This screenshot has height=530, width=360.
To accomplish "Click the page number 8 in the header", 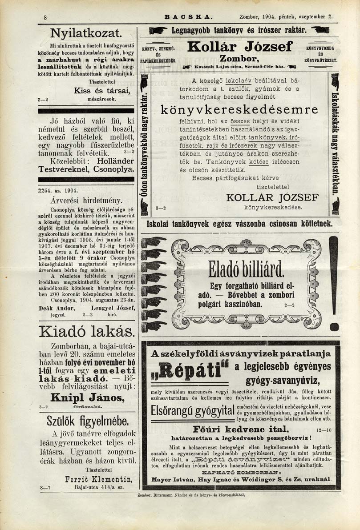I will (45, 17).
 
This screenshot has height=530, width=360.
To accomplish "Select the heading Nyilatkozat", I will (86, 32).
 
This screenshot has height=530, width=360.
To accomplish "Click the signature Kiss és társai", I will (101, 91).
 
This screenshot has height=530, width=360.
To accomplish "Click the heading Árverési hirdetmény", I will (86, 200).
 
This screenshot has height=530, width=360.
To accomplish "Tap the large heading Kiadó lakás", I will (86, 331).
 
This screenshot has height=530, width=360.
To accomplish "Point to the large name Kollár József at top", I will (240, 46).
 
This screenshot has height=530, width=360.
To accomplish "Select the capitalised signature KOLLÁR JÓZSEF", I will (273, 197).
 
